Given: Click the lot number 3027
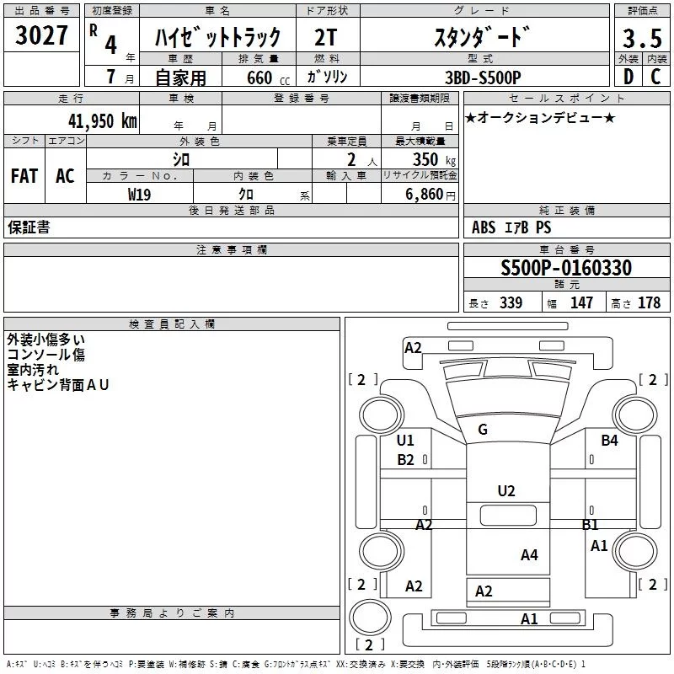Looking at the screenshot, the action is click(41, 37).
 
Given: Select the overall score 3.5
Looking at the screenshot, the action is click(641, 39).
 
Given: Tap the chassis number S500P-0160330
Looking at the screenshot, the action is click(566, 269).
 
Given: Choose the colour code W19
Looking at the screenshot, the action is click(140, 194).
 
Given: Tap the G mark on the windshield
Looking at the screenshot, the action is click(483, 429).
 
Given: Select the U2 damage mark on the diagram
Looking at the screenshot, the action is click(506, 490).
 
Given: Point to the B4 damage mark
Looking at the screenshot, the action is click(609, 440).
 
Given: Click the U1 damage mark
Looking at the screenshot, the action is click(405, 440).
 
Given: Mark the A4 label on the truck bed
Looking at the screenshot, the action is click(529, 554).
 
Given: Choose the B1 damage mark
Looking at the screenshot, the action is click(591, 524).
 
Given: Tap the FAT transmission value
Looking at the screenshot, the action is click(24, 176).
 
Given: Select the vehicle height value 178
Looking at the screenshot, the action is click(649, 302).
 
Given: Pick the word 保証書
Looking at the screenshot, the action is click(29, 227).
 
